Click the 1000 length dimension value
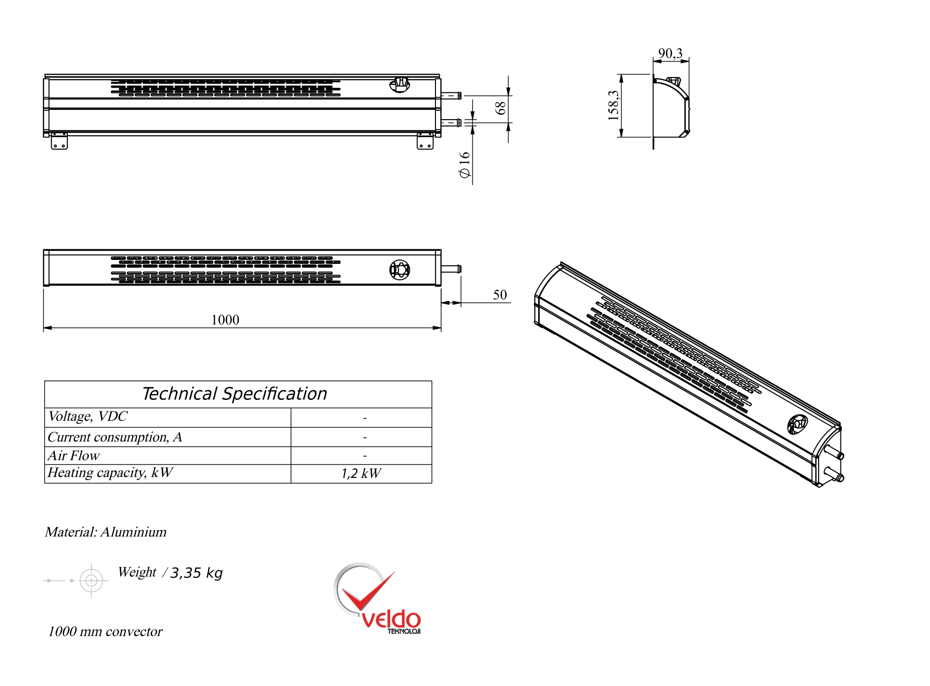click(x=225, y=320)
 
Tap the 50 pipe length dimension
click(x=500, y=295)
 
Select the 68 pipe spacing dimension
click(x=501, y=108)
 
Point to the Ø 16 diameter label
click(x=465, y=165)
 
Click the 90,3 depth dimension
click(x=670, y=53)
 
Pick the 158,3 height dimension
click(x=613, y=105)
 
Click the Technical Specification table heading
click(x=235, y=394)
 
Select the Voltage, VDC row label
click(x=88, y=416)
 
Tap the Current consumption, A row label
click(x=115, y=437)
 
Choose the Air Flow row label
click(x=74, y=456)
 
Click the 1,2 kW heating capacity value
click(x=361, y=473)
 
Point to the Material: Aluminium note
click(x=106, y=532)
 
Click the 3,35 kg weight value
click(x=196, y=573)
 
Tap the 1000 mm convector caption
click(x=105, y=632)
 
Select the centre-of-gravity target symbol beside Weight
click(x=91, y=580)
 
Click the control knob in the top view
click(x=400, y=270)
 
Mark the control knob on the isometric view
click(x=797, y=425)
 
